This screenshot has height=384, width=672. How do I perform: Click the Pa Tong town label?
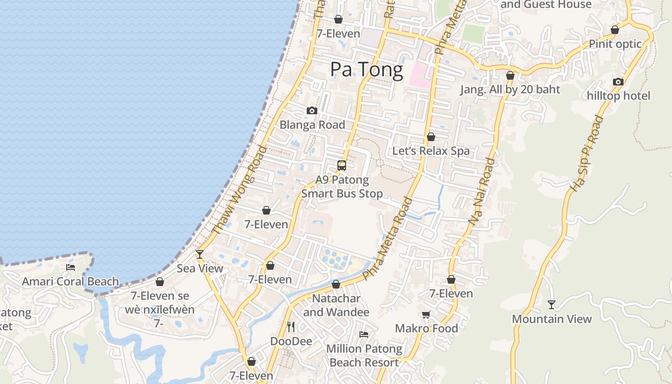367,70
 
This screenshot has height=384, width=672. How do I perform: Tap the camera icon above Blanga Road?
312,111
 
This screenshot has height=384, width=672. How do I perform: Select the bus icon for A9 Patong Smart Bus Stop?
342,166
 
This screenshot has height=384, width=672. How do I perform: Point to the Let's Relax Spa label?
431,151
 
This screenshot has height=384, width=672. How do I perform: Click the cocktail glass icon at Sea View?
200,254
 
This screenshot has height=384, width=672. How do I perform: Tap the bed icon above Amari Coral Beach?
71,267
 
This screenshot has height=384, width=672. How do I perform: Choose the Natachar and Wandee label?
336,305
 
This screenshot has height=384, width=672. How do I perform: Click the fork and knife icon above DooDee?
291,327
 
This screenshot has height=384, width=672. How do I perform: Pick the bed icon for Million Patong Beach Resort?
364,334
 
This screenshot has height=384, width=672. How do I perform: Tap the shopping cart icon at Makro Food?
426,314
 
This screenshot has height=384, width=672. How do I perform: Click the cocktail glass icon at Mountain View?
552,304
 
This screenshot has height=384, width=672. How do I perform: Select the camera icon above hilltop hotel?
618,82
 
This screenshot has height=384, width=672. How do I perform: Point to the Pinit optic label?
615,44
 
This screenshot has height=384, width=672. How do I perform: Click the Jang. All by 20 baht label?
510,89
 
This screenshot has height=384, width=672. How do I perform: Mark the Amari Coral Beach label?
70,282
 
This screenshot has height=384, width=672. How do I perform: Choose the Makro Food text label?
426,328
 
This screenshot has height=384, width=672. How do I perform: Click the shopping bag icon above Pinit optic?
614,30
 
